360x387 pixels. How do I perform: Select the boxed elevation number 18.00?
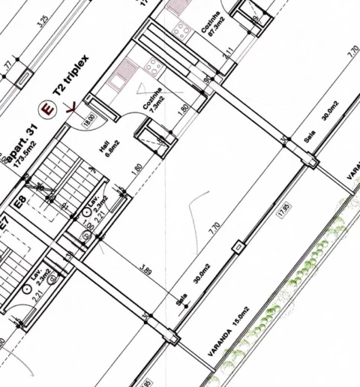pyautogui.click(x=89, y=119)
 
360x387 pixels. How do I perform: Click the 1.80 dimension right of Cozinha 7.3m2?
pyautogui.click(x=182, y=109)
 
